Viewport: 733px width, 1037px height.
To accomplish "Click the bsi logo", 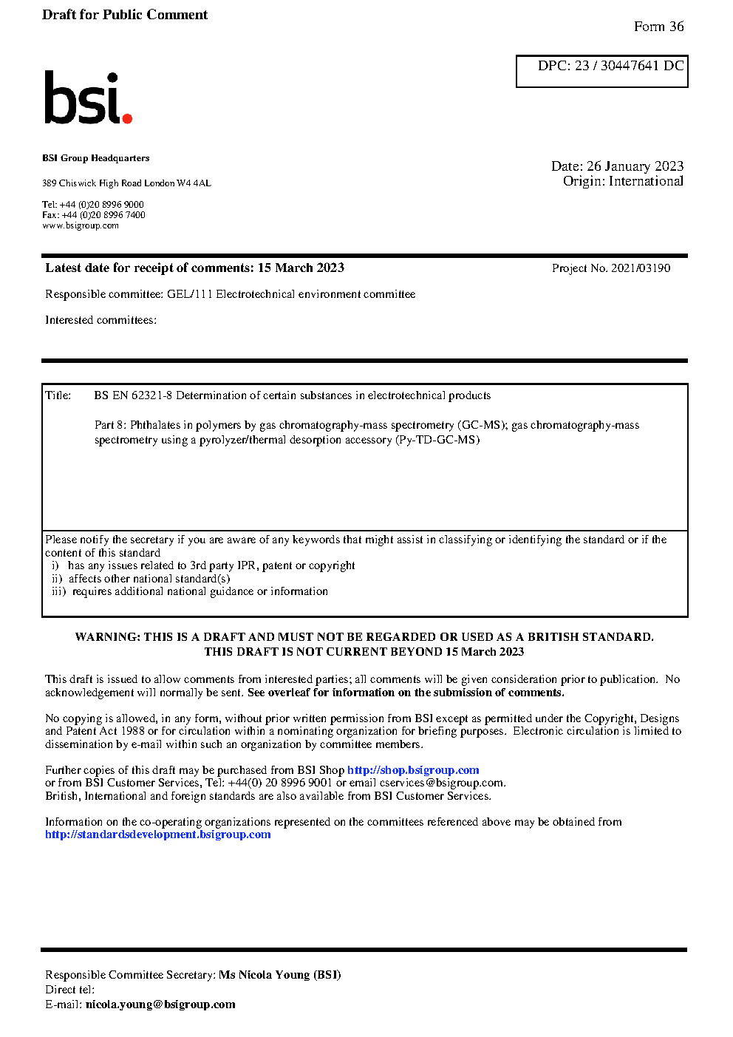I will point(87,98).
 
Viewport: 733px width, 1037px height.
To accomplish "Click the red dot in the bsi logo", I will point(127,118).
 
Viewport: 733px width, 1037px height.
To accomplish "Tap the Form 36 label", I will point(658,27).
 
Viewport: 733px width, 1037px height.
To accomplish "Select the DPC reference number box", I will point(601,71).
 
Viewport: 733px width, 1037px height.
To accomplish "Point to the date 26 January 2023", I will point(635,166).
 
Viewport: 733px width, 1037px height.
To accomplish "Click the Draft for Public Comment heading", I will point(125,15).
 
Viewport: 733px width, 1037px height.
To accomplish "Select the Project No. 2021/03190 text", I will point(611,268).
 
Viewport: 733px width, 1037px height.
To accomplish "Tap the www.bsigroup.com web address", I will point(80,225).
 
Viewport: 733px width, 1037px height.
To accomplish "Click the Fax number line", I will point(94,215).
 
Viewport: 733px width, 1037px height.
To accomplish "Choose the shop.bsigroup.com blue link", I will point(413,770).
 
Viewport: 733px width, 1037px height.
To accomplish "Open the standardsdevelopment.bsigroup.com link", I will point(157,834).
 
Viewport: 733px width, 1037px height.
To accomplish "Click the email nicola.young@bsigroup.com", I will point(160,1004).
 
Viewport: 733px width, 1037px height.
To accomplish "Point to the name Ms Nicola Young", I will point(264,975).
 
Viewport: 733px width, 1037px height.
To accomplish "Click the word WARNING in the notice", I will point(106,637).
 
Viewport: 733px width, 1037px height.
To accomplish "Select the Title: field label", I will point(58,395).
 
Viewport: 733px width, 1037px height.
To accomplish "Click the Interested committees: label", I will point(100,320).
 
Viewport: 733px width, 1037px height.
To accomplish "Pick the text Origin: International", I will point(623,181).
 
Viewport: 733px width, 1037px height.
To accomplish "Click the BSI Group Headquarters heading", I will point(95,158).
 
